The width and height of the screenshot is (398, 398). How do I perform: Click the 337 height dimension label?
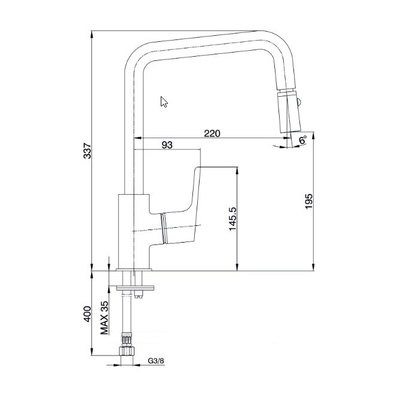(87, 151)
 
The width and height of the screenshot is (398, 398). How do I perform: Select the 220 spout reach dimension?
(212, 133)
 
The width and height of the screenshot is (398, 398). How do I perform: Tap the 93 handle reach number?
(167, 145)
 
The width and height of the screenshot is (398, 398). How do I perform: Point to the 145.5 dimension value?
(232, 219)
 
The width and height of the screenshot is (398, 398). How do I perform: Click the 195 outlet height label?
(308, 201)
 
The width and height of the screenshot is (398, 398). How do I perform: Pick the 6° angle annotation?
(302, 140)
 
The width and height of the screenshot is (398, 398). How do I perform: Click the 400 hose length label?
(87, 314)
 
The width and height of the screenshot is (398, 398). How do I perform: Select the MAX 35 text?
(104, 318)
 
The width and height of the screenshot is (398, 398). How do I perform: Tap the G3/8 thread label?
(156, 361)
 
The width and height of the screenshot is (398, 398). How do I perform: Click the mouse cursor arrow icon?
(164, 102)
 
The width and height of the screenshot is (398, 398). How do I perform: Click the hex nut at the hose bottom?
(127, 351)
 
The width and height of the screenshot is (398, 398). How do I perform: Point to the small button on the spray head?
(299, 102)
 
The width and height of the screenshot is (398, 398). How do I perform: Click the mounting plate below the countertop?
(135, 288)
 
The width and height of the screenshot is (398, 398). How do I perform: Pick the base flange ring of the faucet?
(134, 270)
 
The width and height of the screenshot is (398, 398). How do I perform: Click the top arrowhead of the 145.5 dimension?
(237, 170)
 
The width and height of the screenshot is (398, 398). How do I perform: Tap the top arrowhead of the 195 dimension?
(314, 136)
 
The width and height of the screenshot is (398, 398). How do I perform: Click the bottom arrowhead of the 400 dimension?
(91, 352)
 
